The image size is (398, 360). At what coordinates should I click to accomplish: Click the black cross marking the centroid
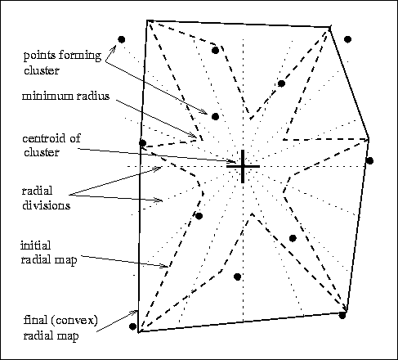coord(243,166)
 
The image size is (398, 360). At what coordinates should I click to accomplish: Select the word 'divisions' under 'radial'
coord(46,205)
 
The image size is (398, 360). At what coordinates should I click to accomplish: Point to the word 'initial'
coord(35,245)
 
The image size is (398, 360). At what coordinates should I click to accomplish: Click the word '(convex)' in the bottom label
coord(78,320)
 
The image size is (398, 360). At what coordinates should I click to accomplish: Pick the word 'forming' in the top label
coord(80,56)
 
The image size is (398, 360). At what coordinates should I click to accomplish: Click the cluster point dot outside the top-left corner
coord(122,39)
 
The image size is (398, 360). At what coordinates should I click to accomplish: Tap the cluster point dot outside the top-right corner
coord(347,39)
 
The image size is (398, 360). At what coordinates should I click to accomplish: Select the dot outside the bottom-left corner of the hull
coord(132,326)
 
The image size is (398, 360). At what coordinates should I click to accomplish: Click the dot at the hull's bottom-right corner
coord(342,315)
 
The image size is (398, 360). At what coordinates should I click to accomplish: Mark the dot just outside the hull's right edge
coord(369,160)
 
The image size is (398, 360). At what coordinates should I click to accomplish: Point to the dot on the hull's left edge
coord(142,142)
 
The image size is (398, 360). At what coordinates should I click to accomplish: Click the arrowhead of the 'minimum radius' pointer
coord(194,135)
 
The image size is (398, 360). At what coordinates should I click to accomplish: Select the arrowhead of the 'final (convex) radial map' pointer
coord(135,313)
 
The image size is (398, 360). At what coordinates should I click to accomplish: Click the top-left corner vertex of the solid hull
coord(147,20)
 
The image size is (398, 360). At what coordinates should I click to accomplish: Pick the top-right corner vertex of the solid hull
coord(329,28)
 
